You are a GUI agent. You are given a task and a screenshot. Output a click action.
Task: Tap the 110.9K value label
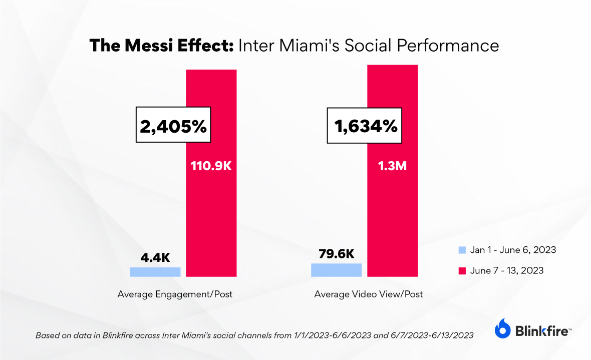211,166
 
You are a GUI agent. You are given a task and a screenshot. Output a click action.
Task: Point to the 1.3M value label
392,166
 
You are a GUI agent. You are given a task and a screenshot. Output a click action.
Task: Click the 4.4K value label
155,257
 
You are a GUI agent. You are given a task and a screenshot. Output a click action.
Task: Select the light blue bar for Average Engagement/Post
155,272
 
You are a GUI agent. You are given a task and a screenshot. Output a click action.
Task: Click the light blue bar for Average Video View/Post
336,270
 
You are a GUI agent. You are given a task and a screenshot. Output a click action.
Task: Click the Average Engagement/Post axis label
175,294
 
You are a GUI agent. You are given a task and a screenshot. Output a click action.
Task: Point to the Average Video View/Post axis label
368,294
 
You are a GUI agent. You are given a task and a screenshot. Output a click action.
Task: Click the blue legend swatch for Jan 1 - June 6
462,250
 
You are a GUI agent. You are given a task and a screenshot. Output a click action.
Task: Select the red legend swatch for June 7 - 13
462,271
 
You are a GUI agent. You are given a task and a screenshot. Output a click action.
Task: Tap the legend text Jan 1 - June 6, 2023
513,250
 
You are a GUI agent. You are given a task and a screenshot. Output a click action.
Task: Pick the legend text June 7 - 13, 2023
507,271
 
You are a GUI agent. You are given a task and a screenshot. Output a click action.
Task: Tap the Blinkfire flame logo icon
503,328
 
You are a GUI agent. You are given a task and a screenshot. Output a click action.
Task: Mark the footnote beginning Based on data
254,335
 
